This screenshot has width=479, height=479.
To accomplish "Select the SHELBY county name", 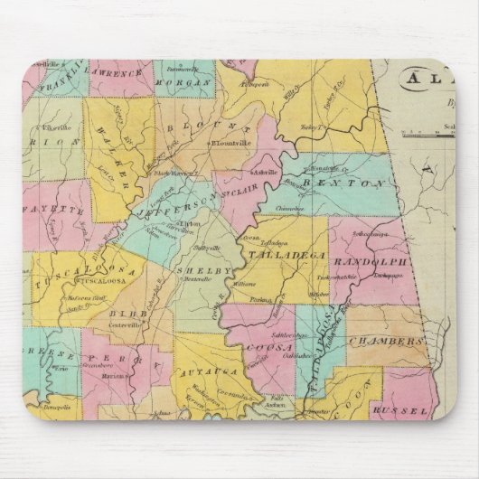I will click(x=194, y=268).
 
